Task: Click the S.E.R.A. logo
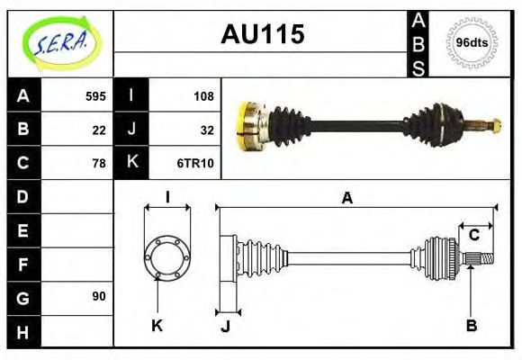coord(59,42)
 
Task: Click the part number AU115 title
coord(262,33)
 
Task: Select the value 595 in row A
coord(94,95)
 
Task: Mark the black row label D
coord(23,196)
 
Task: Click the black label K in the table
coord(131,163)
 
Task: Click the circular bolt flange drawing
coord(167,257)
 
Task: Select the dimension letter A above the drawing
coord(346,199)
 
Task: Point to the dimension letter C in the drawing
coord(473,236)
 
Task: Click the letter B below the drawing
coord(471,326)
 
